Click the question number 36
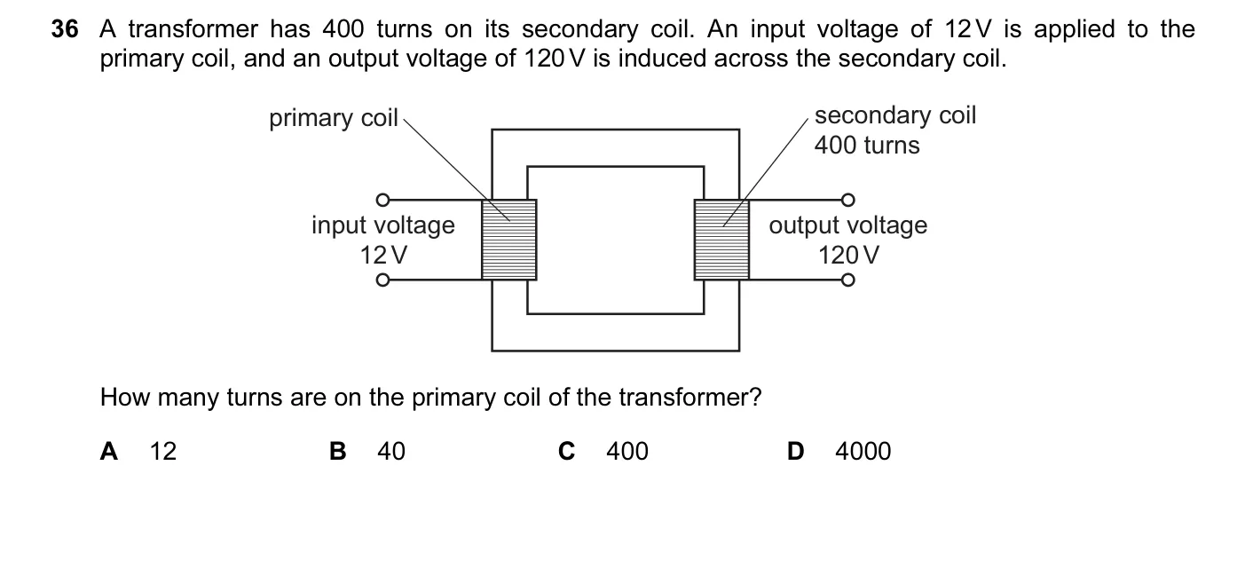click(x=65, y=29)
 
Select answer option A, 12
click(x=138, y=451)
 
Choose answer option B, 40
click(x=366, y=451)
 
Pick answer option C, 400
click(x=603, y=451)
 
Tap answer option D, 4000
click(x=839, y=451)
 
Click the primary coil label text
click(x=334, y=118)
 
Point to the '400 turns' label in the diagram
click(x=867, y=145)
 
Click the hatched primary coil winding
click(x=509, y=240)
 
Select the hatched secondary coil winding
click(x=721, y=240)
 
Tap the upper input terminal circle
click(x=382, y=200)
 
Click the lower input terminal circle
click(x=382, y=280)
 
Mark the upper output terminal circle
click(x=847, y=200)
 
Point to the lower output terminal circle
click(x=847, y=280)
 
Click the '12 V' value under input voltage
click(x=383, y=255)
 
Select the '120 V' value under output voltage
click(x=848, y=255)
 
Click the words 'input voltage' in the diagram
click(x=383, y=226)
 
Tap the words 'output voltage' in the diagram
click(x=848, y=226)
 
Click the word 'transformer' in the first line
click(x=193, y=29)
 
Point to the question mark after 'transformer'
click(x=755, y=397)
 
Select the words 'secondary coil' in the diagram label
click(x=895, y=115)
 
